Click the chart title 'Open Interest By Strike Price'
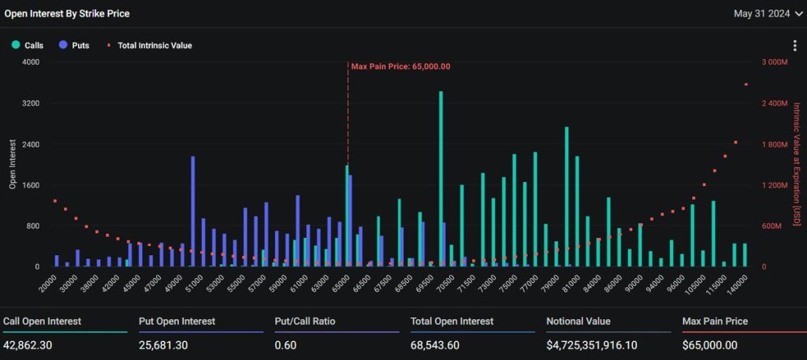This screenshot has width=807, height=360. [x=67, y=13]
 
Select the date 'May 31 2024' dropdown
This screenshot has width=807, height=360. [x=761, y=13]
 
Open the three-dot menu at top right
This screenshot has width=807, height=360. [x=794, y=46]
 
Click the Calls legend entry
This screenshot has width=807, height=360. [x=28, y=46]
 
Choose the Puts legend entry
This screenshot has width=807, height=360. [x=74, y=46]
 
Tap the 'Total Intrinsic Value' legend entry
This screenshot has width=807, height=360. [x=150, y=46]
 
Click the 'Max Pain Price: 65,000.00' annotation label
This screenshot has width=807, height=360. [x=400, y=66]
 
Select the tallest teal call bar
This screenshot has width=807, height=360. [x=441, y=179]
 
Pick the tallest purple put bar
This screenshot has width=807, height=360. [x=192, y=211]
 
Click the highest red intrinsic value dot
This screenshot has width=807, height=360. [x=746, y=84]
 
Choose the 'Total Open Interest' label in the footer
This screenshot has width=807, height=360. [x=452, y=321]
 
